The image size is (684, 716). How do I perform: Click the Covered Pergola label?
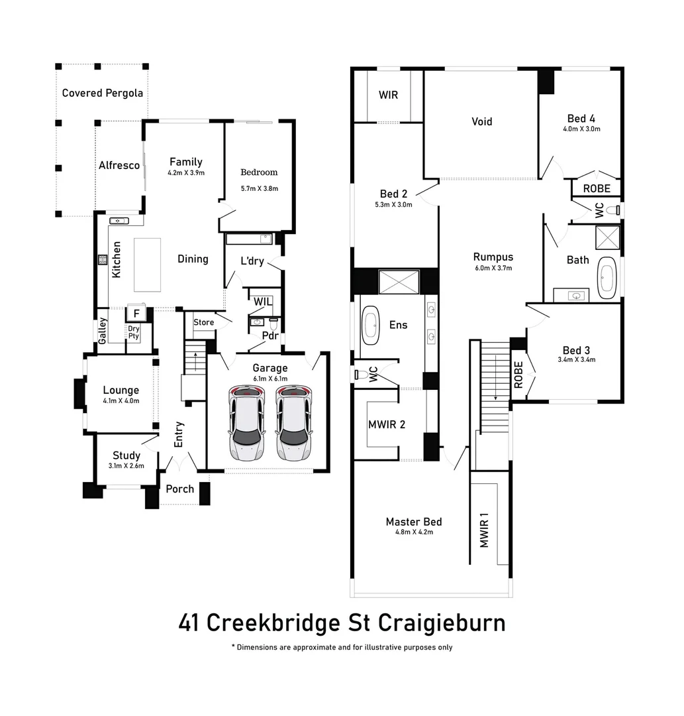(x=102, y=93)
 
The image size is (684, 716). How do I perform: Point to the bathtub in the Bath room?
(x=607, y=277)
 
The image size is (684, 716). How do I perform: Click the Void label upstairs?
(x=481, y=121)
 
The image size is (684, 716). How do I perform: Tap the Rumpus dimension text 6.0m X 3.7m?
(x=493, y=268)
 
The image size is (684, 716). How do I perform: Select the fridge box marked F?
(x=136, y=312)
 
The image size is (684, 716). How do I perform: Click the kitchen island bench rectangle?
(x=147, y=265)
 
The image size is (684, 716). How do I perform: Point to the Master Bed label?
(x=413, y=522)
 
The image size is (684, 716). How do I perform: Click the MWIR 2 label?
(x=386, y=424)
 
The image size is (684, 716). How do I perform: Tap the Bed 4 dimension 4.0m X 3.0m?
(x=581, y=129)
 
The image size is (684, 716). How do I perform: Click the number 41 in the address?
(x=190, y=623)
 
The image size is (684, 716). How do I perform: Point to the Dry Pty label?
(x=134, y=332)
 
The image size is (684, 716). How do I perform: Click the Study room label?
(x=126, y=455)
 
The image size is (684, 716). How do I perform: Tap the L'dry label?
(x=252, y=261)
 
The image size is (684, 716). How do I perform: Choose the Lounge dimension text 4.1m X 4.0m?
(x=121, y=401)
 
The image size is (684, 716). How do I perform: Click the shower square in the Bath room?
(x=607, y=237)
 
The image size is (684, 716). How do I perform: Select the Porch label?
(x=179, y=489)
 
